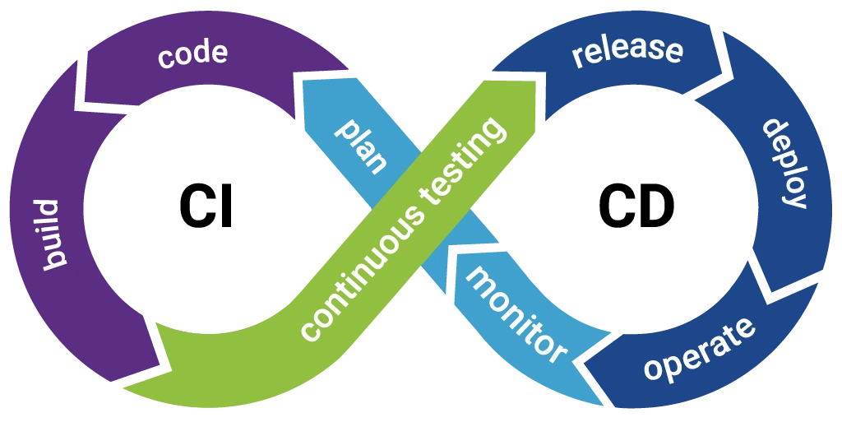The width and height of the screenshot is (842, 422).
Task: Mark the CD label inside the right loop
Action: pos(636,206)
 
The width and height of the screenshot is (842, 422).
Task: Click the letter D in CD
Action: pos(659,206)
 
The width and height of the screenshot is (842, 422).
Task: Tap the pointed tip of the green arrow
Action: pos(123,387)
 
